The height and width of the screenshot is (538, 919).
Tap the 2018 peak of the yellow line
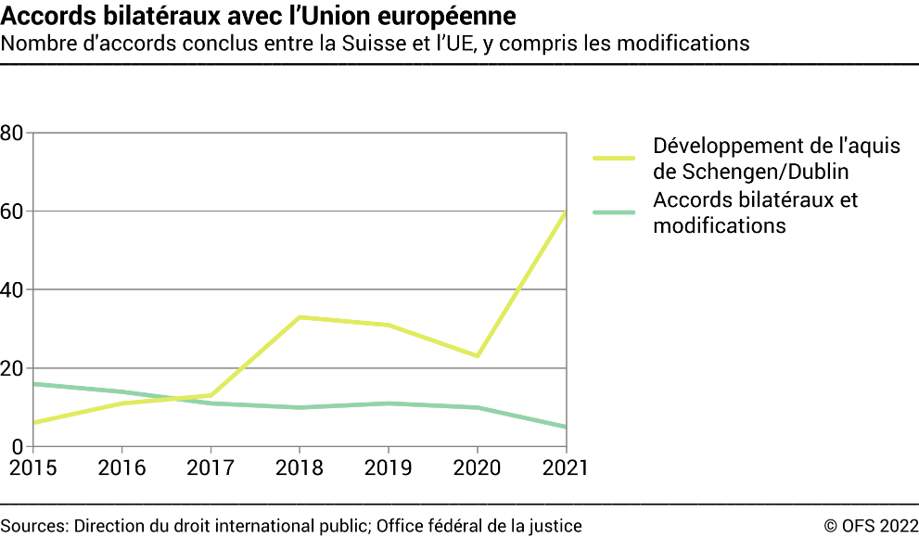pos(300,317)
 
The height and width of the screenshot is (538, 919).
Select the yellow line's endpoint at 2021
pos(565,212)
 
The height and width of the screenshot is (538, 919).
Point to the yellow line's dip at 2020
pos(477,356)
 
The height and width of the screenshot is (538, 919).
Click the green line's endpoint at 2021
pos(565,427)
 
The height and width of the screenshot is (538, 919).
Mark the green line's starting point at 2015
pos(34,384)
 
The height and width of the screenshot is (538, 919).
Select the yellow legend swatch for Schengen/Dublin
pos(613,159)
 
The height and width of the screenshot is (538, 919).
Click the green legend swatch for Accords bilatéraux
pos(613,212)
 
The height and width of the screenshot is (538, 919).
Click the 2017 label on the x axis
pos(211,468)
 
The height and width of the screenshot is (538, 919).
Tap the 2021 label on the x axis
pos(564,468)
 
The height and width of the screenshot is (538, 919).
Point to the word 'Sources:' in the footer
pos(34,526)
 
